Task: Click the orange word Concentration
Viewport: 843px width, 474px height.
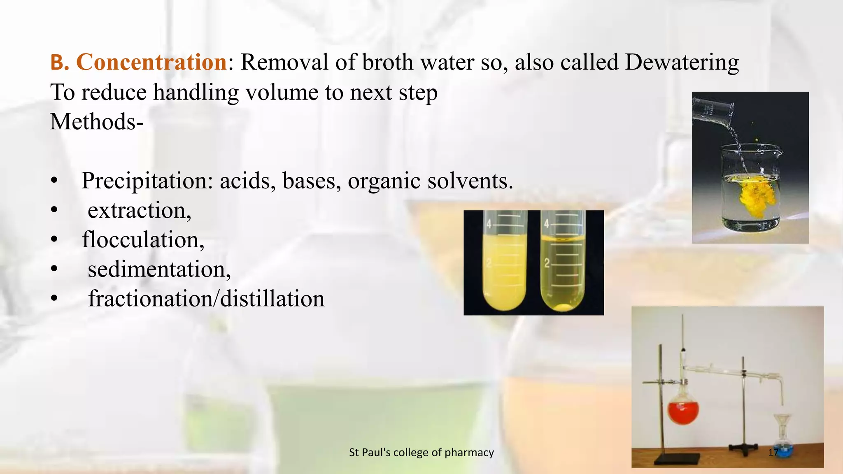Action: pyautogui.click(x=151, y=63)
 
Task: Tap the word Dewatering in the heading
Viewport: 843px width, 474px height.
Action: pyautogui.click(x=682, y=63)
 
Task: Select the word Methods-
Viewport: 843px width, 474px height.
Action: pyautogui.click(x=97, y=122)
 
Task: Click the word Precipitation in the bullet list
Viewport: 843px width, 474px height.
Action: pyautogui.click(x=147, y=181)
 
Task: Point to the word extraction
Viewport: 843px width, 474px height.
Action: pyautogui.click(x=139, y=211)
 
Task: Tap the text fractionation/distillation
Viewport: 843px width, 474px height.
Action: pyautogui.click(x=206, y=299)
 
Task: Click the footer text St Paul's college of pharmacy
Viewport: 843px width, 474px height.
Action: pyautogui.click(x=421, y=452)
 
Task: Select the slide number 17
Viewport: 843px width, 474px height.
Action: pyautogui.click(x=773, y=452)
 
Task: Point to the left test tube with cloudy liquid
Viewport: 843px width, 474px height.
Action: pyautogui.click(x=503, y=267)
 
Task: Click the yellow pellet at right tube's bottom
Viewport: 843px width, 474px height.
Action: pyautogui.click(x=563, y=307)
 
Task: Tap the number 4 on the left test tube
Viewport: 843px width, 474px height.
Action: pyautogui.click(x=489, y=224)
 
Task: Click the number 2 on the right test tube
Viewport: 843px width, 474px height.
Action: pyautogui.click(x=547, y=263)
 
